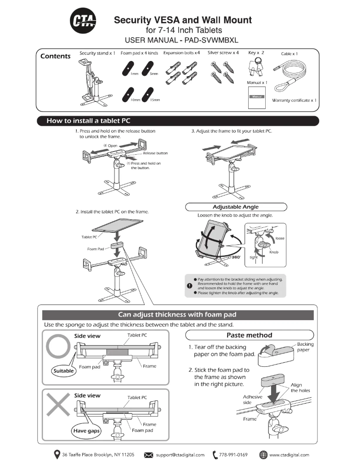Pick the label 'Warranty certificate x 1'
[x=294, y=100]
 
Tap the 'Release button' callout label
[x=155, y=153]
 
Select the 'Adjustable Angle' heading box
[x=236, y=207]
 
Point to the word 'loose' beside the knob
[x=280, y=238]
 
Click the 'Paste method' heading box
[x=249, y=335]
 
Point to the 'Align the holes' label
[x=300, y=387]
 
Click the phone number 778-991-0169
[x=233, y=455]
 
